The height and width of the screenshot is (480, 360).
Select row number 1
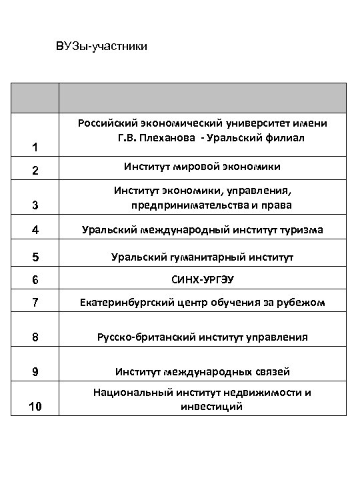pyautogui.click(x=35, y=147)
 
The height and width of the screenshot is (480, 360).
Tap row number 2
pyautogui.click(x=35, y=171)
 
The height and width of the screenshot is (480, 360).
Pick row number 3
pyautogui.click(x=35, y=205)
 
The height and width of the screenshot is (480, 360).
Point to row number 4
pyautogui.click(x=35, y=231)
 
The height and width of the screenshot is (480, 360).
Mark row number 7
pyautogui.click(x=35, y=304)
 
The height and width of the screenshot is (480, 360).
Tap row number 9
pyautogui.click(x=35, y=372)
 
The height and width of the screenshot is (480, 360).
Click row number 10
pyautogui.click(x=35, y=405)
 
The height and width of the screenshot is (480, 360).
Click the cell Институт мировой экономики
pyautogui.click(x=202, y=166)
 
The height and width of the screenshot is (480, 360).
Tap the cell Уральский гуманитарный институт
pyautogui.click(x=202, y=257)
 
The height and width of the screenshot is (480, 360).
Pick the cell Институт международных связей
pyautogui.click(x=202, y=371)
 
